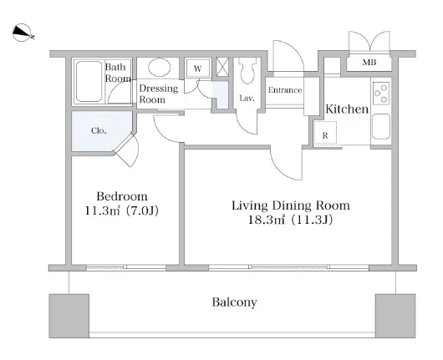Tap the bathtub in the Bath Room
(89, 81)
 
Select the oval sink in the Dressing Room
(160, 67)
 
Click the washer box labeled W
(198, 68)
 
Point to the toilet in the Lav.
(247, 71)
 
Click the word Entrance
(285, 90)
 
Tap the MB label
(369, 63)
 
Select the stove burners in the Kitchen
(381, 93)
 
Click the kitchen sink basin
(381, 126)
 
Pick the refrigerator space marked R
(325, 133)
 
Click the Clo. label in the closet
(99, 131)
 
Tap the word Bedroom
(122, 196)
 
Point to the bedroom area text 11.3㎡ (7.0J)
(122, 210)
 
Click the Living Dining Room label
(291, 205)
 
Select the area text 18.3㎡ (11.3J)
(290, 220)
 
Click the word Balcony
(235, 302)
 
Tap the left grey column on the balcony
(69, 316)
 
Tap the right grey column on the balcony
(395, 316)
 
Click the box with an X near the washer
(222, 67)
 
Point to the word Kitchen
(347, 109)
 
